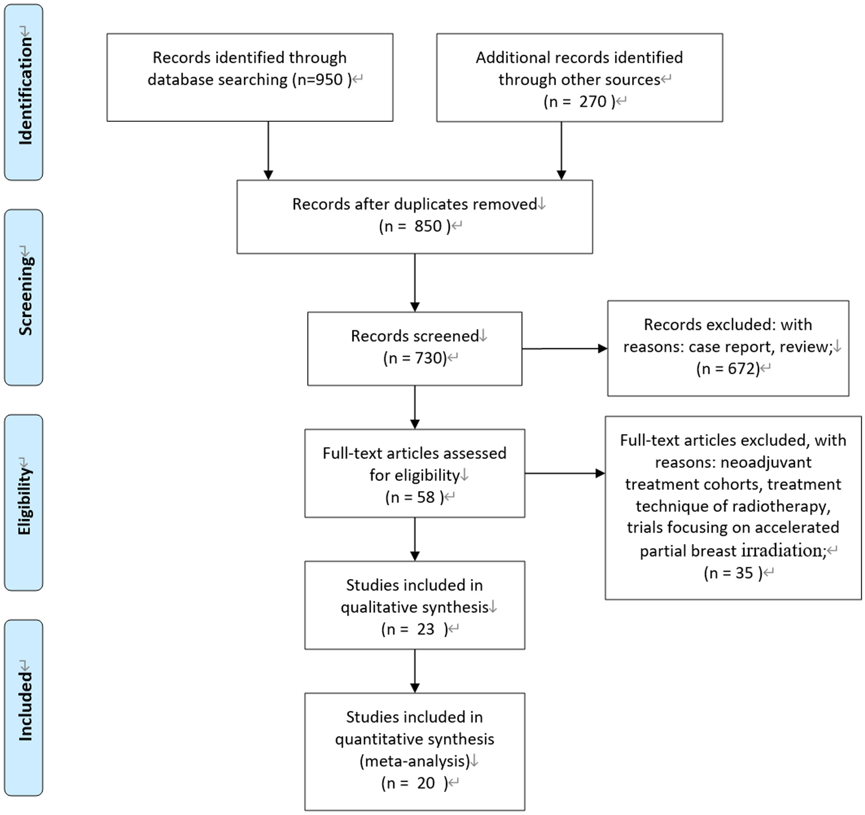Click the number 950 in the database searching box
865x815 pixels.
(329, 80)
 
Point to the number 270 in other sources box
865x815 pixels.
(593, 101)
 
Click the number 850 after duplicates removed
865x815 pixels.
(428, 226)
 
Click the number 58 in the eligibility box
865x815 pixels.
(425, 497)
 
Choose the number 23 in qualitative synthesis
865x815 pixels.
(425, 629)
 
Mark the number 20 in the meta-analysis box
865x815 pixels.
(425, 783)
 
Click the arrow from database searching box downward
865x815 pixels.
(268, 150)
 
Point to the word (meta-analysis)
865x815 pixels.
(415, 761)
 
